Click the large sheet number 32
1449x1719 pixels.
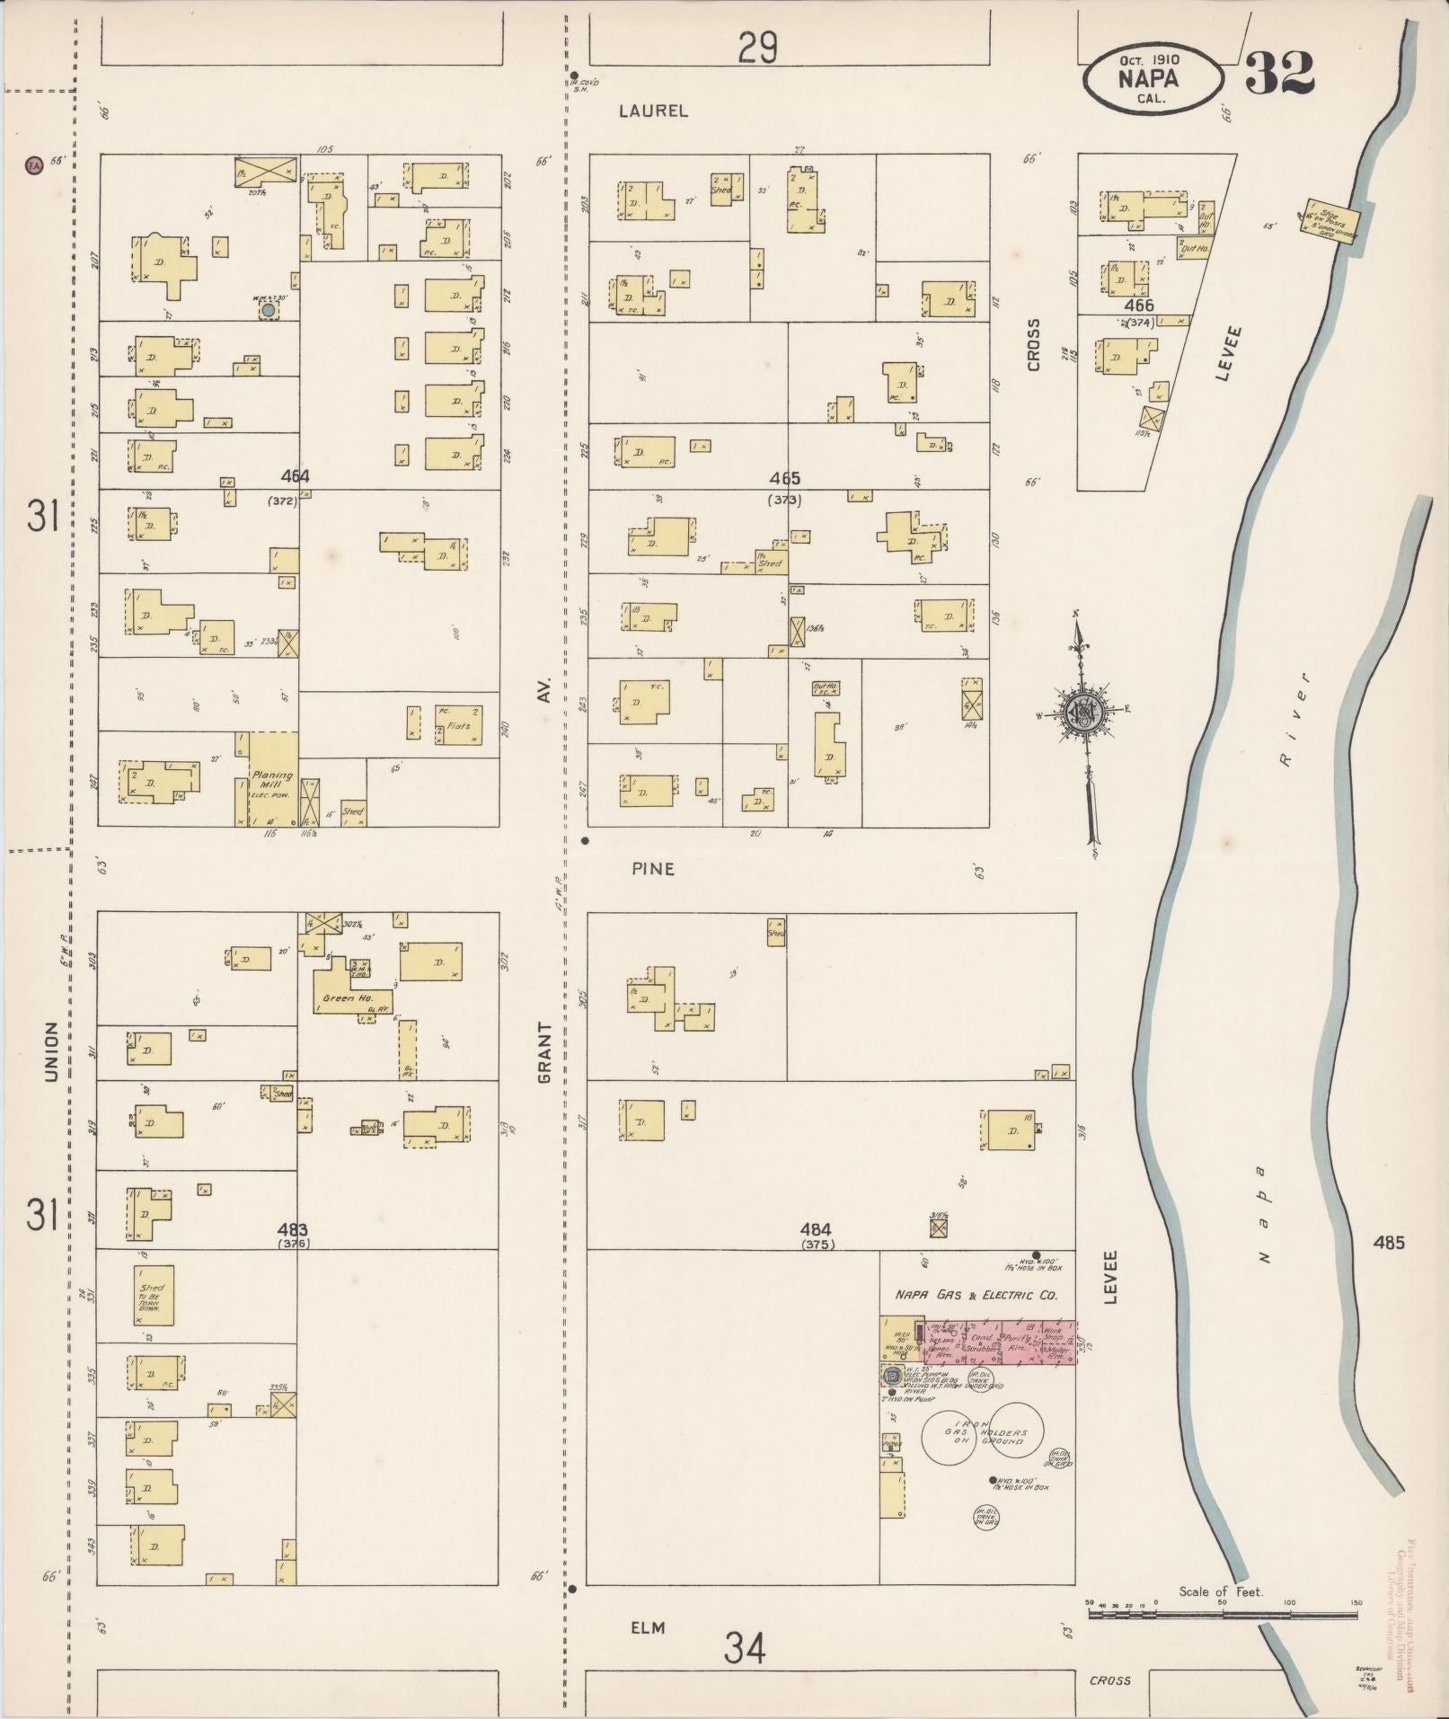point(1280,74)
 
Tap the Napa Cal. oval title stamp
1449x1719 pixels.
point(1152,79)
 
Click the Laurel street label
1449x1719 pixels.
point(653,111)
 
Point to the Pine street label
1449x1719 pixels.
point(653,869)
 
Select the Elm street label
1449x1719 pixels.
point(648,1627)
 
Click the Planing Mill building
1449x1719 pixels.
point(272,779)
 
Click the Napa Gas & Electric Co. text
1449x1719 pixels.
point(976,1295)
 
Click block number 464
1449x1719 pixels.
point(295,477)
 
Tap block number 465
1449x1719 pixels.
point(784,479)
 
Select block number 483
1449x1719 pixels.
point(293,1229)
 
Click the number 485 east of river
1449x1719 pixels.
point(1388,1243)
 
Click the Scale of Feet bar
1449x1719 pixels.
point(1222,1615)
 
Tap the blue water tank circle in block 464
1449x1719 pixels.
point(268,310)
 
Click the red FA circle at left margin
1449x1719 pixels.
point(34,165)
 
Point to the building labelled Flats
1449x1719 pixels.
point(458,724)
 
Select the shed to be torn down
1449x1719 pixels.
point(155,1295)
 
